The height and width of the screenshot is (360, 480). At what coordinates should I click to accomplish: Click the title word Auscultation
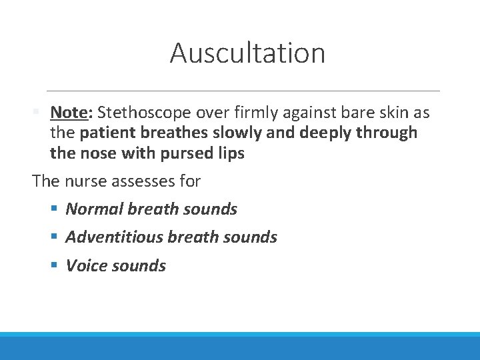247,53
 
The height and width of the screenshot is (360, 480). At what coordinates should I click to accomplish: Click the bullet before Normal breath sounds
55,209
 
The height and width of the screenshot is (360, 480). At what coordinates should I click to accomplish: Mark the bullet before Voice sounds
55,265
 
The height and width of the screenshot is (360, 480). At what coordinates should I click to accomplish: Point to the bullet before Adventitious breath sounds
55,237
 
